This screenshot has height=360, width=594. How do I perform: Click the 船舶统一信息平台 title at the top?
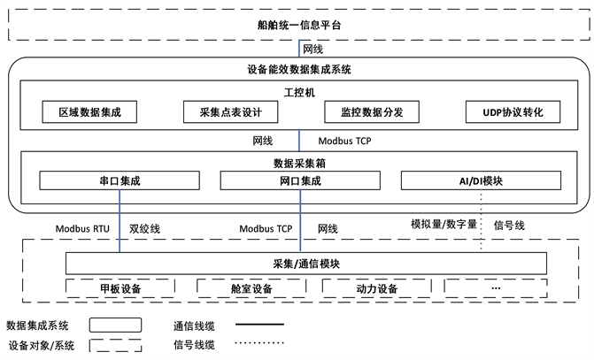[298, 25]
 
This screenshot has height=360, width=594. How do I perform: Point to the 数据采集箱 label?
[298, 163]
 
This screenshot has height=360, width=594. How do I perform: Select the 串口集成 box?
[120, 180]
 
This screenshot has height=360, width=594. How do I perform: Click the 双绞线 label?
[144, 228]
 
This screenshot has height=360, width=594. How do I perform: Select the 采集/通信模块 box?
[300, 264]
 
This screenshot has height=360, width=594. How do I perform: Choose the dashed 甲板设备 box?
[120, 288]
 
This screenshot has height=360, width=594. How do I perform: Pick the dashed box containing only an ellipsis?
[496, 288]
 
